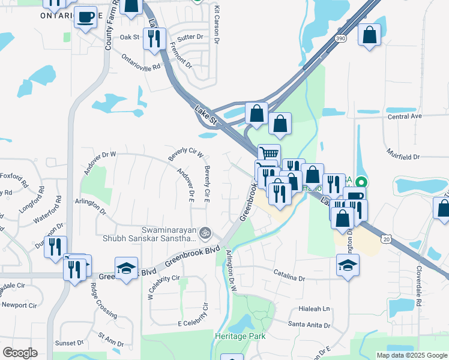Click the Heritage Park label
point(240,337)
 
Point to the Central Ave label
point(405,116)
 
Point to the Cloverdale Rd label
point(418,296)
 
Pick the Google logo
point(20,353)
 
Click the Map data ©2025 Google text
point(411,355)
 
